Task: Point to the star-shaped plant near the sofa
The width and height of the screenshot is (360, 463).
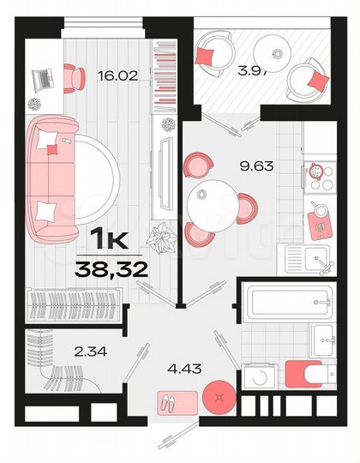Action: pos(160,236)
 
